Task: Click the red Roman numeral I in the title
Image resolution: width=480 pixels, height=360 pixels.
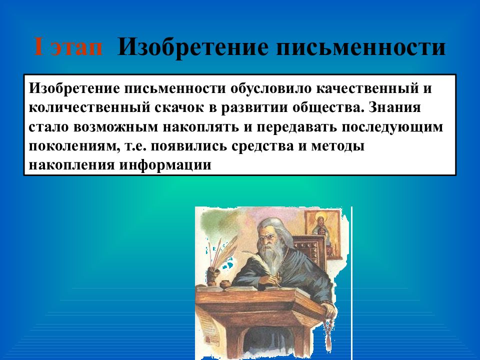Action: click(38, 46)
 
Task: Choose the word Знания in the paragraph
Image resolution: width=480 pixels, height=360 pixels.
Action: click(394, 107)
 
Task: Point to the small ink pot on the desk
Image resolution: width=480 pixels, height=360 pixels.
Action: click(226, 283)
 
